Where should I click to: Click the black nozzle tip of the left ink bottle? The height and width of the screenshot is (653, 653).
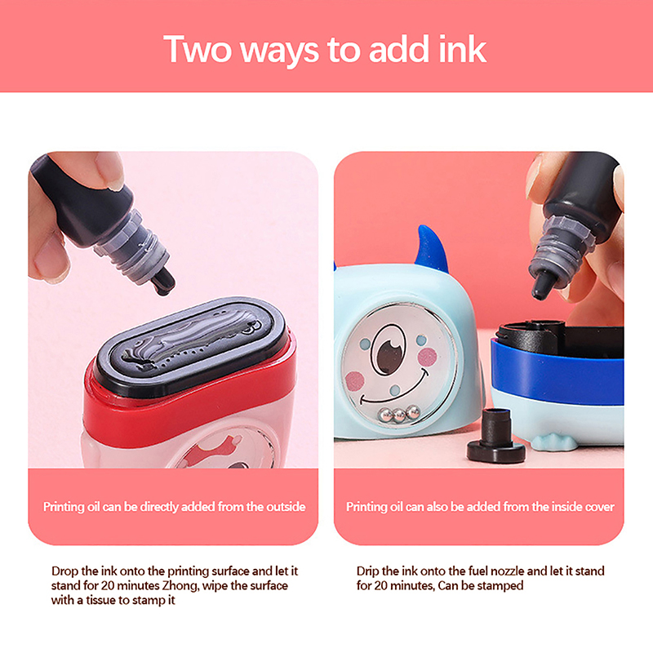point(163,281)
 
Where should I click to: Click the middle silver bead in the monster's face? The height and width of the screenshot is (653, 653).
point(399,415)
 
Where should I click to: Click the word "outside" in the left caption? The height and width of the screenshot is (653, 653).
point(286,507)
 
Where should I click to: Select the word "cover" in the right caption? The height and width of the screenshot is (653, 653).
point(600,507)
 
